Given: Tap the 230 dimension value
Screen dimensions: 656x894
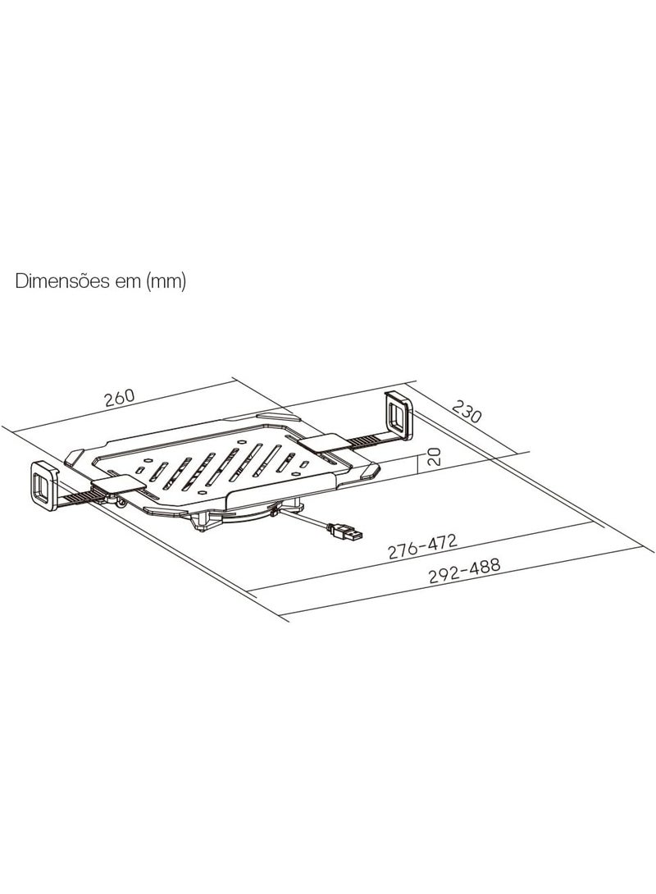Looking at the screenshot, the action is pos(467,411).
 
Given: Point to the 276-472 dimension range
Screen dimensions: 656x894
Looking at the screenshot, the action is pos(422,546).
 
